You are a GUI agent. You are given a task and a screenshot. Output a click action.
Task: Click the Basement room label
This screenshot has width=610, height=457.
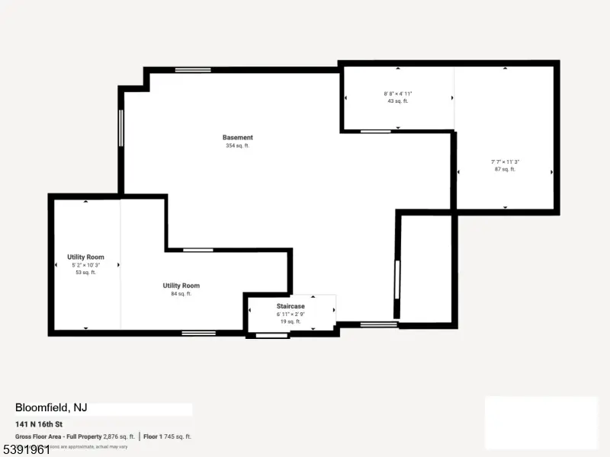237,138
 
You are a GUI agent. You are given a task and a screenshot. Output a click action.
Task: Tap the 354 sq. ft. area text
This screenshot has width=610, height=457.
237,145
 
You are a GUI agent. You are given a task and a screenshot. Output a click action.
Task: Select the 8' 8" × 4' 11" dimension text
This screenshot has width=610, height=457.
398,94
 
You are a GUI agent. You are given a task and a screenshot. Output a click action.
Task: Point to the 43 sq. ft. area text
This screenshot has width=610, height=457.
398,101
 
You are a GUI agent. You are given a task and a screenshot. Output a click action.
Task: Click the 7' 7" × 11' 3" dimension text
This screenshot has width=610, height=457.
505,161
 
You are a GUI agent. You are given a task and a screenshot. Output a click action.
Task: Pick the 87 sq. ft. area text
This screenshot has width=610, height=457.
505,169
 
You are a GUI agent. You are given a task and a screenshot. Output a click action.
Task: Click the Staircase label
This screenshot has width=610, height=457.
291,305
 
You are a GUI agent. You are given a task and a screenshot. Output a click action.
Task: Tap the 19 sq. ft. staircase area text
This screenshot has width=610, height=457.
291,321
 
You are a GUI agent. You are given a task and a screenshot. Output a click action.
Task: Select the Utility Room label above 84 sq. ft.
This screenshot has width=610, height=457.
181,286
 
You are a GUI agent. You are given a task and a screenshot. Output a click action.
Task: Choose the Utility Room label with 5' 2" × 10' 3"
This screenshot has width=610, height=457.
85,257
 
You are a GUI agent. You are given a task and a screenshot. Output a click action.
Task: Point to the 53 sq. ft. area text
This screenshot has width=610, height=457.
85,272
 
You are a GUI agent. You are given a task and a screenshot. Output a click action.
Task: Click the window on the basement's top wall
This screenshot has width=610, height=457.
192,70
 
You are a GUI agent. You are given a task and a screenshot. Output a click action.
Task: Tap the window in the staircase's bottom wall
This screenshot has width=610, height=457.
271,335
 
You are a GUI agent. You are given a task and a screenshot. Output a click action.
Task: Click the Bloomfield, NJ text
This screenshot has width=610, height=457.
51,407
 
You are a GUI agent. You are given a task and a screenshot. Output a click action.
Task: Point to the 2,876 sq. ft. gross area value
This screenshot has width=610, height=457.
119,436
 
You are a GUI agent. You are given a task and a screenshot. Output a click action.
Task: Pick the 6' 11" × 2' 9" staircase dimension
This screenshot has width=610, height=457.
291,314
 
